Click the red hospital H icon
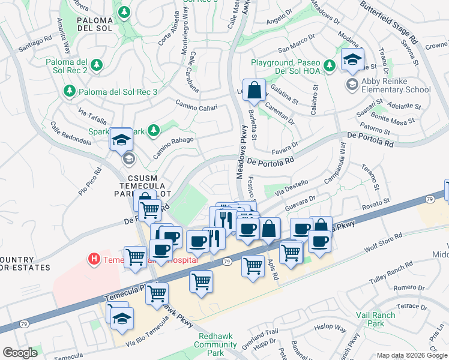pos(94,260)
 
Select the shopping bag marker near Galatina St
pos(254,91)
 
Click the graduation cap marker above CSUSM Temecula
pos(121,140)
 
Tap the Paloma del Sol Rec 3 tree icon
pos(70,91)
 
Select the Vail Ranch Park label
pos(375,319)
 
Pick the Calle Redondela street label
pos(71,134)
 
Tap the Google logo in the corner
pos(20,353)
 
